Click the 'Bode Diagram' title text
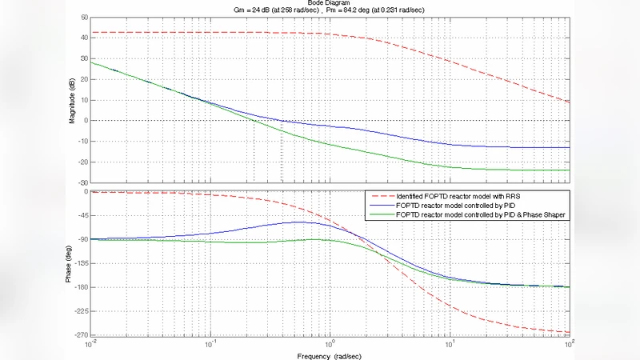(329, 2)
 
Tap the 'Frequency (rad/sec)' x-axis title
(329, 354)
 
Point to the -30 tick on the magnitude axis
(82, 182)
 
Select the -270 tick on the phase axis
(80, 334)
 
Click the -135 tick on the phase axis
(80, 262)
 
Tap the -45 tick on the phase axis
(82, 215)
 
